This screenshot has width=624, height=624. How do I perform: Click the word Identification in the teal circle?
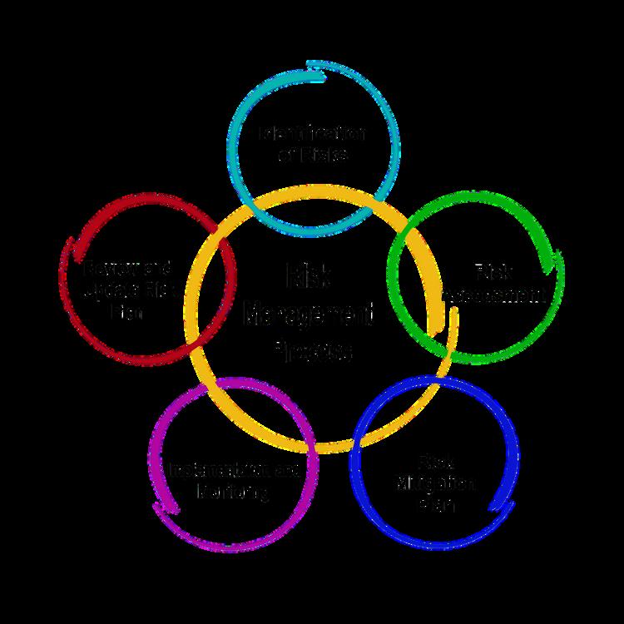(x=312, y=133)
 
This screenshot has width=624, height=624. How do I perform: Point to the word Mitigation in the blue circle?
(x=434, y=483)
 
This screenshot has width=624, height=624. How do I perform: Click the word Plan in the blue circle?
(x=434, y=504)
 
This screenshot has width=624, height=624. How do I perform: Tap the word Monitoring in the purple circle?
(x=234, y=492)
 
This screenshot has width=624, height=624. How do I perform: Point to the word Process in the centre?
(x=312, y=352)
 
